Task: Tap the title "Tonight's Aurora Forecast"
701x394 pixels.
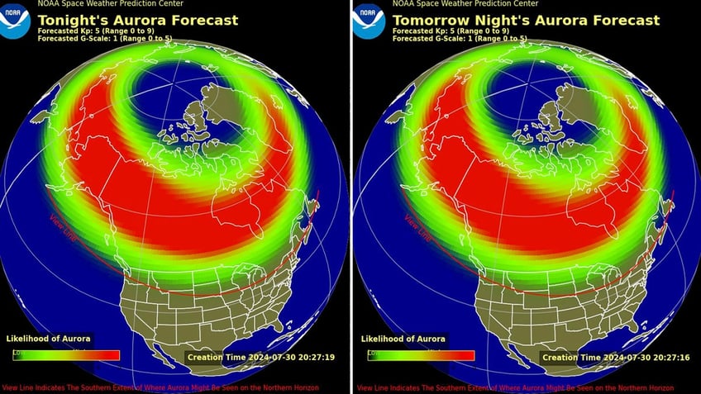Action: (137, 20)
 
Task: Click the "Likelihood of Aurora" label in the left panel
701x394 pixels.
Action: (49, 339)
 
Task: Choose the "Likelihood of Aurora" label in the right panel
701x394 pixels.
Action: (403, 339)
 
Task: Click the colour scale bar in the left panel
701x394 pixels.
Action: (66, 355)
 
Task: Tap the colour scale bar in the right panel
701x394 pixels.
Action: (421, 355)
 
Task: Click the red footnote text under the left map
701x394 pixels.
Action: (174, 387)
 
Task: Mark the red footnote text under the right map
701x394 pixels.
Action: (529, 387)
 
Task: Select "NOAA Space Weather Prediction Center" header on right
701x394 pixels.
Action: (455, 4)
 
